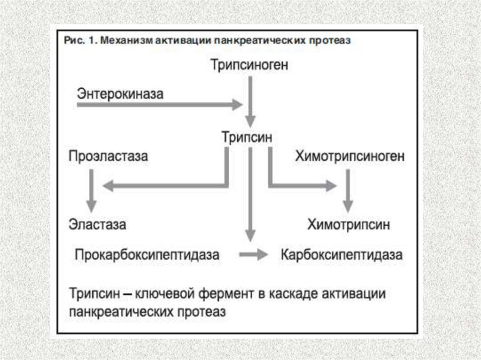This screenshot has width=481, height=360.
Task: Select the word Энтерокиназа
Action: coord(120,94)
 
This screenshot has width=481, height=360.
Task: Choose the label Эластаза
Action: coord(97,224)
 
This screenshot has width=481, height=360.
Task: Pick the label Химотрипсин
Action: coord(349,224)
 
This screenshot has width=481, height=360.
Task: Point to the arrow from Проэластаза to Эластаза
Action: coord(91,191)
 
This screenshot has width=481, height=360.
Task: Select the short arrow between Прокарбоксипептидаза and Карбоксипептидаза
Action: coord(253,255)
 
